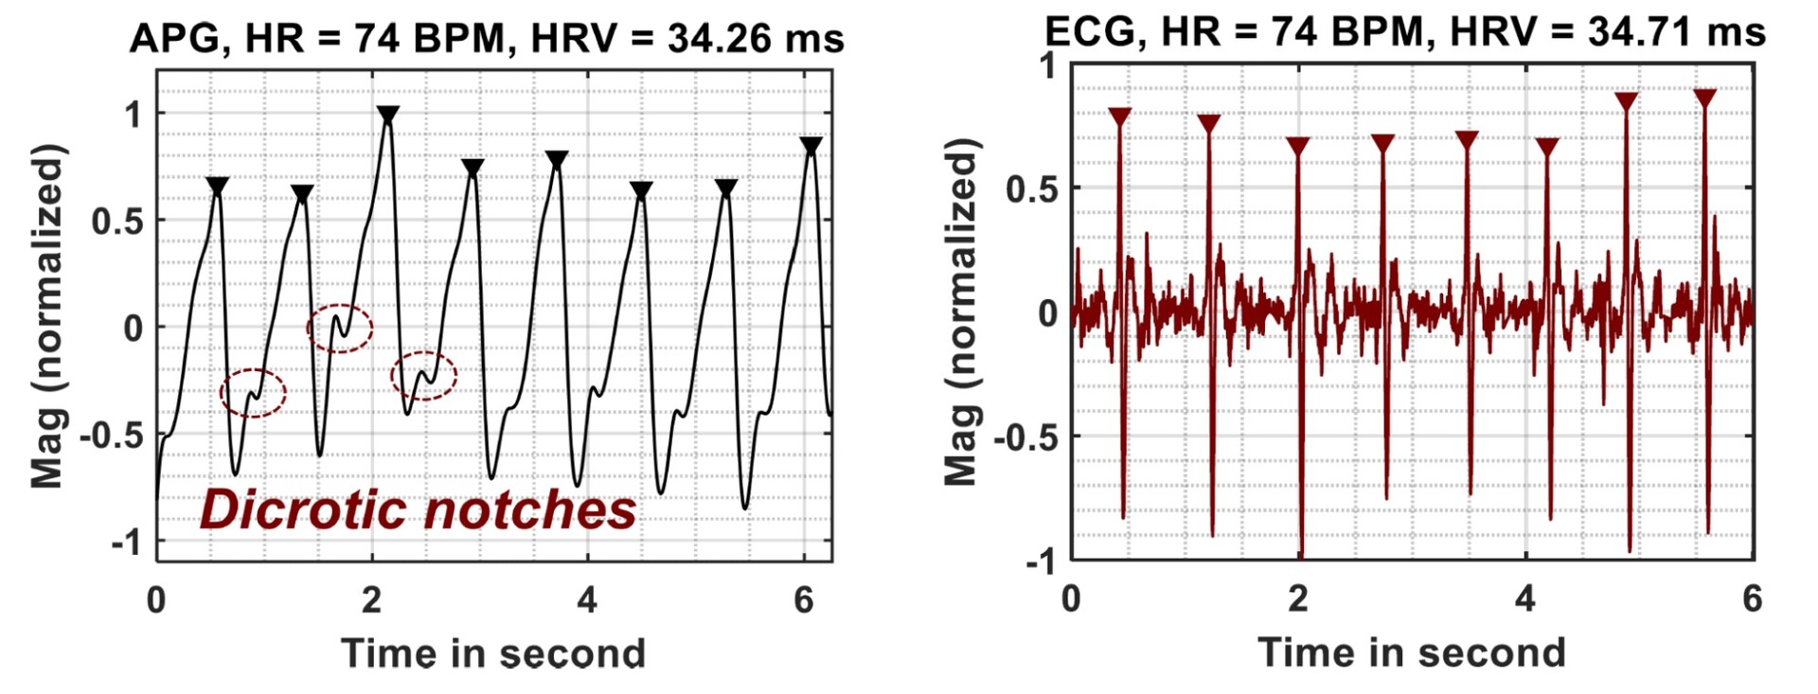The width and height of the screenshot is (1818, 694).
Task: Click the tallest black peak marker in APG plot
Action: (387, 116)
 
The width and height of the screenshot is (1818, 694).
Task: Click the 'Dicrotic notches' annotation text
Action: (418, 509)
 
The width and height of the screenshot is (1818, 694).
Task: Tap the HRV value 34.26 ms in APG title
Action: (755, 39)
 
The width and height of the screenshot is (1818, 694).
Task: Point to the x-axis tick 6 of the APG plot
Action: (804, 599)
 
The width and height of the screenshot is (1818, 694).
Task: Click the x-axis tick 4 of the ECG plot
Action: (1525, 598)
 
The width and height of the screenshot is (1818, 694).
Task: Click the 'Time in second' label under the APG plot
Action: (492, 653)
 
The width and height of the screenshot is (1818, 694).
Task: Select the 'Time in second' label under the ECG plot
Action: (1411, 652)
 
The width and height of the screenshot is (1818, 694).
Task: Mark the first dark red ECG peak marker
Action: (1120, 117)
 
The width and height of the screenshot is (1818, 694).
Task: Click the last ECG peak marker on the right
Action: (1704, 98)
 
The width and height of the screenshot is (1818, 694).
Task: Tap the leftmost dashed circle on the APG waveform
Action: (253, 393)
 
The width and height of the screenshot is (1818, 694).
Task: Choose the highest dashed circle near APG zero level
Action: (339, 329)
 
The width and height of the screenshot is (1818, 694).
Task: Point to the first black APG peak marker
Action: (218, 187)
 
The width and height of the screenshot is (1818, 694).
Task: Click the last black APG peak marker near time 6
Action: (811, 146)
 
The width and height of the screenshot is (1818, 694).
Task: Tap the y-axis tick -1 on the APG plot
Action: (126, 543)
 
